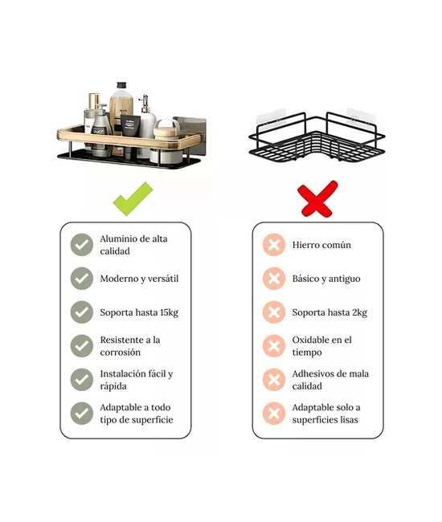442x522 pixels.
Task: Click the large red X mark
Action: tap(318, 198)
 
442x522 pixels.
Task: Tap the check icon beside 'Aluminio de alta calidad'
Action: tap(82, 245)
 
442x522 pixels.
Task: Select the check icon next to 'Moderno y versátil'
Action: tap(82, 279)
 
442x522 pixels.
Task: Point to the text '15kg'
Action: tap(170, 312)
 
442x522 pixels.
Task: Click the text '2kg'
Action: tap(360, 312)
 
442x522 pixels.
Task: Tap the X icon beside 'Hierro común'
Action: tap(274, 245)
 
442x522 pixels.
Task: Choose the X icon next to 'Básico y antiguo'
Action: tap(274, 279)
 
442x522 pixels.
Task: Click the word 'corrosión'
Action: tap(121, 353)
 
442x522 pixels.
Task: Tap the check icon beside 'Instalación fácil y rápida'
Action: tap(82, 380)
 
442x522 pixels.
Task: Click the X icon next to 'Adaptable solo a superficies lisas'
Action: tap(274, 414)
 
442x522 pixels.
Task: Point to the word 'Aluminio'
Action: tap(118, 239)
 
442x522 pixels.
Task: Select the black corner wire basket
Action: tap(317, 137)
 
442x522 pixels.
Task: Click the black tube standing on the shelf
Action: tap(130, 125)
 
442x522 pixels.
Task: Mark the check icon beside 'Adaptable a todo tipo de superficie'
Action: tap(82, 414)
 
